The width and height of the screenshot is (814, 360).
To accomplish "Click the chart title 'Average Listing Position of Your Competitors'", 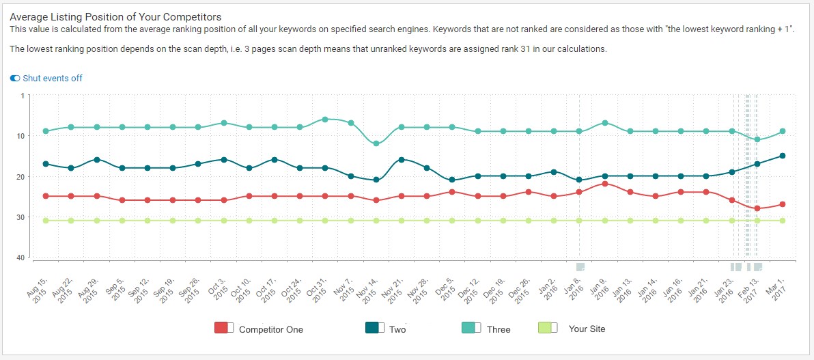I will (x=115, y=17).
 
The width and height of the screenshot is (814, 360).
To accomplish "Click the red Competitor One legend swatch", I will (x=221, y=329).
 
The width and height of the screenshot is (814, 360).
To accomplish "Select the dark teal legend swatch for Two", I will (x=373, y=329).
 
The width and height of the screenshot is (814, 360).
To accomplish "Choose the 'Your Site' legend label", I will (x=587, y=329).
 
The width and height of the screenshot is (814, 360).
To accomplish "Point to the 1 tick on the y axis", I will (x=22, y=96).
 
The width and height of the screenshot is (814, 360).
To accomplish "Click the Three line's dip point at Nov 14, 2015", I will (x=376, y=143).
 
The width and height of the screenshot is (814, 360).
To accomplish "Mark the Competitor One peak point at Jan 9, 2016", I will (x=604, y=184).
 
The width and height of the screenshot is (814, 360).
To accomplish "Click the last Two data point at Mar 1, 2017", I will (x=783, y=156).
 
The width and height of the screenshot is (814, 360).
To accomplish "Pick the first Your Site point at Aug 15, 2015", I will (x=46, y=221).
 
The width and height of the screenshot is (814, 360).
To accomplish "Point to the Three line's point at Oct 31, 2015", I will (x=325, y=119).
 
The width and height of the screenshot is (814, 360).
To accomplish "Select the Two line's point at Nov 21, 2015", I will (x=402, y=160).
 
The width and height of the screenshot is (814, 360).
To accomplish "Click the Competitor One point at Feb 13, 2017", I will (x=757, y=208).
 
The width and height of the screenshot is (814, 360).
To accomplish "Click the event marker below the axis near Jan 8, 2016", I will (x=580, y=266).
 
